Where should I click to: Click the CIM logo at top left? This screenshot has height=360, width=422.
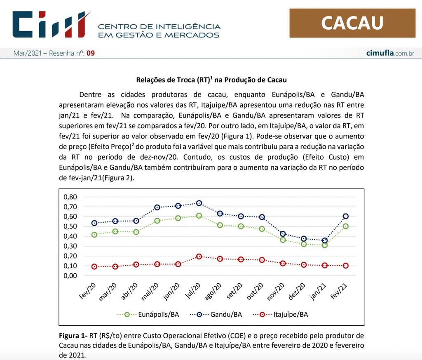pyautogui.click(x=52, y=24)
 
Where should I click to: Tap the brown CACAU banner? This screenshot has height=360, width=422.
pyautogui.click(x=352, y=23)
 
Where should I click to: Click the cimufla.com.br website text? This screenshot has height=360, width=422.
pyautogui.click(x=390, y=53)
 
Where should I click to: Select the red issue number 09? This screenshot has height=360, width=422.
pyautogui.click(x=90, y=53)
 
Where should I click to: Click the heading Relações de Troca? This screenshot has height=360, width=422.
pyautogui.click(x=211, y=80)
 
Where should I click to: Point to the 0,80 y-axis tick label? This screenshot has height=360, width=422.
pyautogui.click(x=70, y=197)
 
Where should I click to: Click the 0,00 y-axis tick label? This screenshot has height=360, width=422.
pyautogui.click(x=70, y=275)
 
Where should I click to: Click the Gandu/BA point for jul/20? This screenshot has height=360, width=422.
pyautogui.click(x=199, y=203)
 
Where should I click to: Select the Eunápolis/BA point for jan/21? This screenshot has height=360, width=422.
pyautogui.click(x=325, y=245)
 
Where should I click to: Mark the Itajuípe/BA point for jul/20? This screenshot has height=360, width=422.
pyautogui.click(x=199, y=256)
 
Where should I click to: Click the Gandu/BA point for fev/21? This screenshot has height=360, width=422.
pyautogui.click(x=346, y=216)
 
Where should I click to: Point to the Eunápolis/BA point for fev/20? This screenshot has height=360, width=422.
pyautogui.click(x=94, y=235)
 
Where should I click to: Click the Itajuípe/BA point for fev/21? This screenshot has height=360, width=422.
pyautogui.click(x=346, y=266)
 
